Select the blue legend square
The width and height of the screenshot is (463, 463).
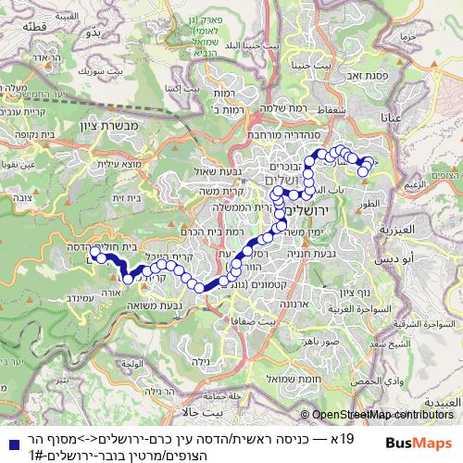9,437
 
